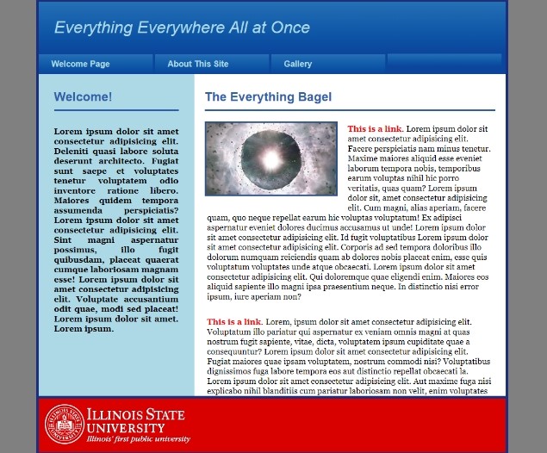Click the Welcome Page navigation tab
(96, 64)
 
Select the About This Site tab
(212, 64)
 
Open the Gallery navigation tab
(328, 64)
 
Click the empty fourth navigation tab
(444, 64)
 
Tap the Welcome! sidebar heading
(83, 97)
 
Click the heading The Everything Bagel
(268, 97)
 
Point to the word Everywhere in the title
(181, 28)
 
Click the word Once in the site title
(290, 28)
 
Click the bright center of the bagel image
(271, 159)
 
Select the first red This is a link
(376, 129)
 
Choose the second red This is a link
(235, 322)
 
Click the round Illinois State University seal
(65, 424)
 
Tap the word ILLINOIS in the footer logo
(115, 414)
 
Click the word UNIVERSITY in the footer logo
(126, 428)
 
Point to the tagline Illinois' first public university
(139, 438)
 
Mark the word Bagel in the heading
(315, 97)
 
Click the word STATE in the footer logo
(165, 414)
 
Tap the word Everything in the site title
(94, 28)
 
